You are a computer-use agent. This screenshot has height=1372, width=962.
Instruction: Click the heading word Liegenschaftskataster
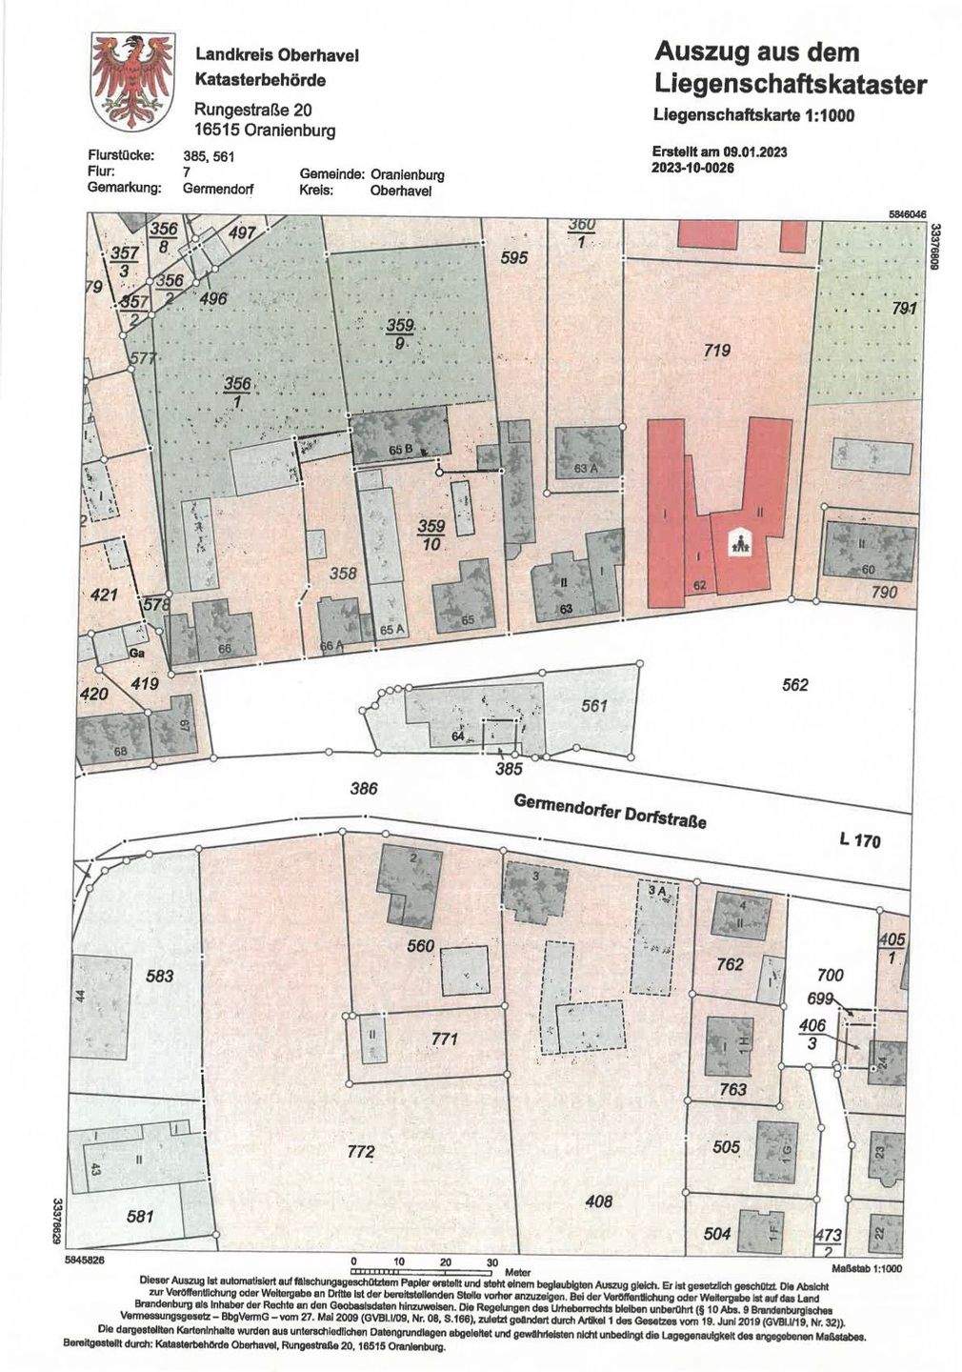791,86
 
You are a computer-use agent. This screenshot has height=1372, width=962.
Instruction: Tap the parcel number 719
716,352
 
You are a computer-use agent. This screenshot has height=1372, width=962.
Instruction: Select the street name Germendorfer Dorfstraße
611,811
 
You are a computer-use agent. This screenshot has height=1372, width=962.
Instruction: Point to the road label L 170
860,840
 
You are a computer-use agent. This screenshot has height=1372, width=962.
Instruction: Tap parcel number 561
594,706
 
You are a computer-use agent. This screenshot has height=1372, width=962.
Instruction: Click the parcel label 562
794,685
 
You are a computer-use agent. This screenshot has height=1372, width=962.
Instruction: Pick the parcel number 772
360,1152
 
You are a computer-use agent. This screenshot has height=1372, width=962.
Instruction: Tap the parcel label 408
598,1201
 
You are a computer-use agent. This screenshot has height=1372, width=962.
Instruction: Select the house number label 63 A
586,469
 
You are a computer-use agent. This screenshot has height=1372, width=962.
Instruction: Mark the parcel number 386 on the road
364,788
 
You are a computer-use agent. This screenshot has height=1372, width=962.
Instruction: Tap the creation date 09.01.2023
755,151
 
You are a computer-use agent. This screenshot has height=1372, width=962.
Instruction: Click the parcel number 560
420,946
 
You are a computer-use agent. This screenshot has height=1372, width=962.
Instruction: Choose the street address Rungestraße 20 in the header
253,111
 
